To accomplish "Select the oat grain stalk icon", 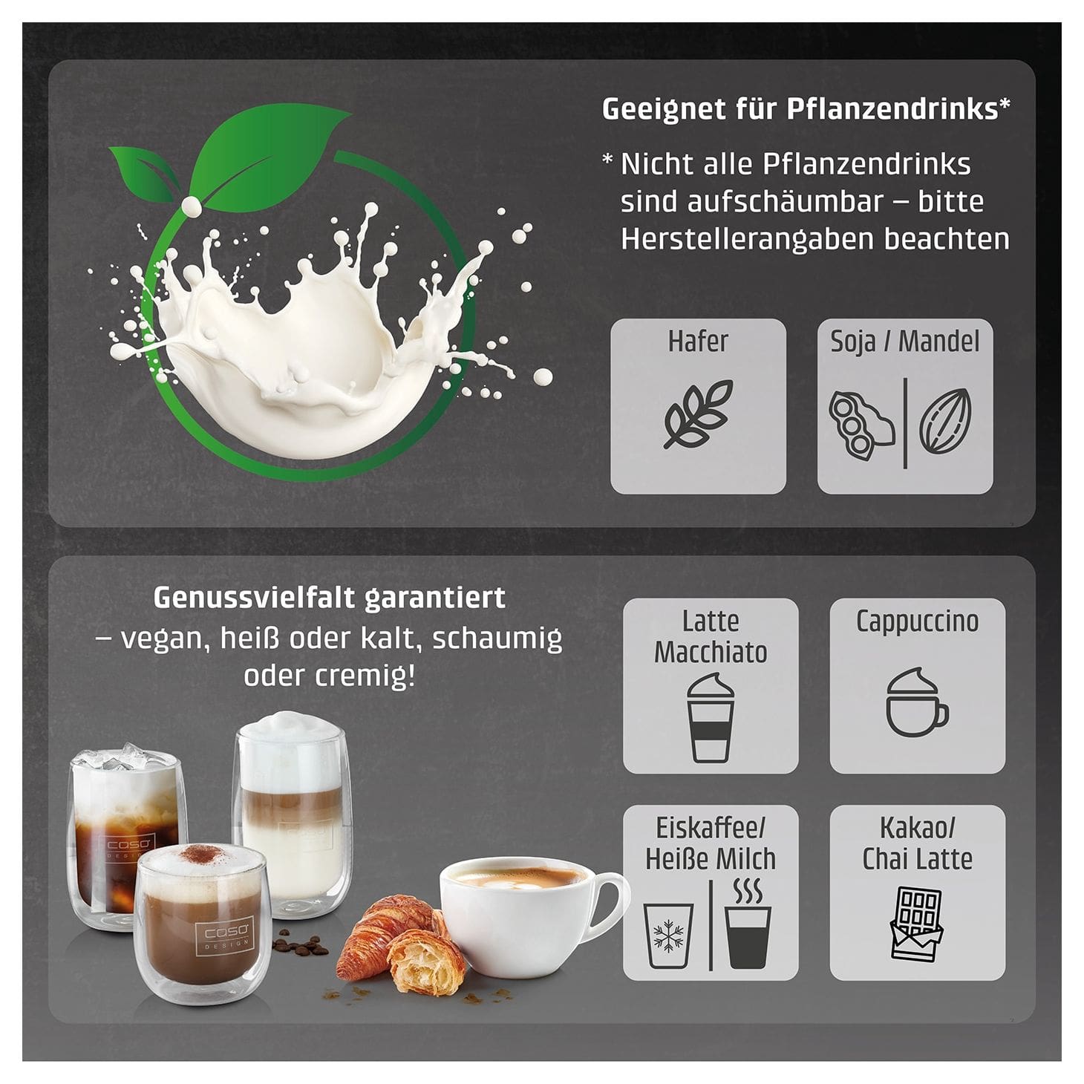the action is pyautogui.click(x=698, y=414).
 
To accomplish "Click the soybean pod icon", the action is pyautogui.click(x=860, y=425).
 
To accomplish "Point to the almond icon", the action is pyautogui.click(x=946, y=420).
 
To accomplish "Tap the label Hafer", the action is pyautogui.click(x=698, y=341).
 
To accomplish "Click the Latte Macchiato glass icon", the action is pyautogui.click(x=711, y=719).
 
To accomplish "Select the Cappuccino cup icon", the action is pyautogui.click(x=917, y=702).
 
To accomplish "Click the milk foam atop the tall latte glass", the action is pyautogui.click(x=290, y=728).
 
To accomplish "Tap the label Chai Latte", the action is pyautogui.click(x=917, y=859).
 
